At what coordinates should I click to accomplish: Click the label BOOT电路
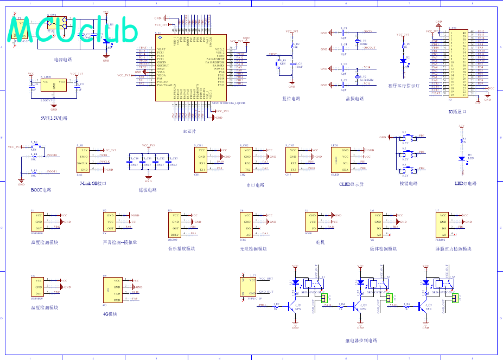[x=41, y=190]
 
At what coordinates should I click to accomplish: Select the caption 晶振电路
[x=355, y=99]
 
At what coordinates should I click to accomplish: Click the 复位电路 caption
[x=291, y=99]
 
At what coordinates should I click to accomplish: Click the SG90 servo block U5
[x=314, y=222]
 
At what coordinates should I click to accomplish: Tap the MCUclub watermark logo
[x=73, y=31]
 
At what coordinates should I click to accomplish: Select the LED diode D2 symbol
[x=403, y=60]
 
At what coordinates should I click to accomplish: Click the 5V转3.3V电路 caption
[x=54, y=118]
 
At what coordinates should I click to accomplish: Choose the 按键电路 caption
[x=409, y=183]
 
